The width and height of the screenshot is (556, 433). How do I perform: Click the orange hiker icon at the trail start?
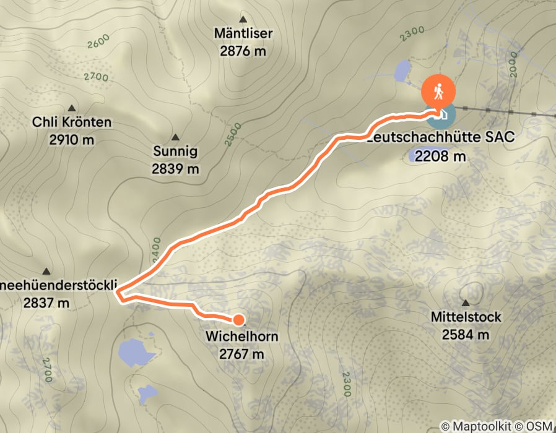tap(438, 92)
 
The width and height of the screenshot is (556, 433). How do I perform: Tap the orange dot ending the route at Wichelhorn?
tap(238, 319)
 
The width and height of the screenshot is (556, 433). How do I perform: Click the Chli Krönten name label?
tap(72, 122)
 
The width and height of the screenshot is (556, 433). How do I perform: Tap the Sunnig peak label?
tap(176, 151)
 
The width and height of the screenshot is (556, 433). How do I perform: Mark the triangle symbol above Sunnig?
tap(175, 137)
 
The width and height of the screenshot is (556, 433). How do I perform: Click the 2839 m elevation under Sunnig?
tap(176, 168)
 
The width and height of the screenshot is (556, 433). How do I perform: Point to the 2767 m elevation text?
tap(241, 354)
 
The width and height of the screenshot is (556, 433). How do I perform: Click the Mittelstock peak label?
tap(466, 317)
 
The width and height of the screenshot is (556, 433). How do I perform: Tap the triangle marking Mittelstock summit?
tap(466, 302)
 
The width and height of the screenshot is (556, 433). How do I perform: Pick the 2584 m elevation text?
tap(466, 335)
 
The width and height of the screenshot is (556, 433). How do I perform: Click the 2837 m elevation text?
tap(47, 303)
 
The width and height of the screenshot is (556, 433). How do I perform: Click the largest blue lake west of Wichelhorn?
tap(136, 353)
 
